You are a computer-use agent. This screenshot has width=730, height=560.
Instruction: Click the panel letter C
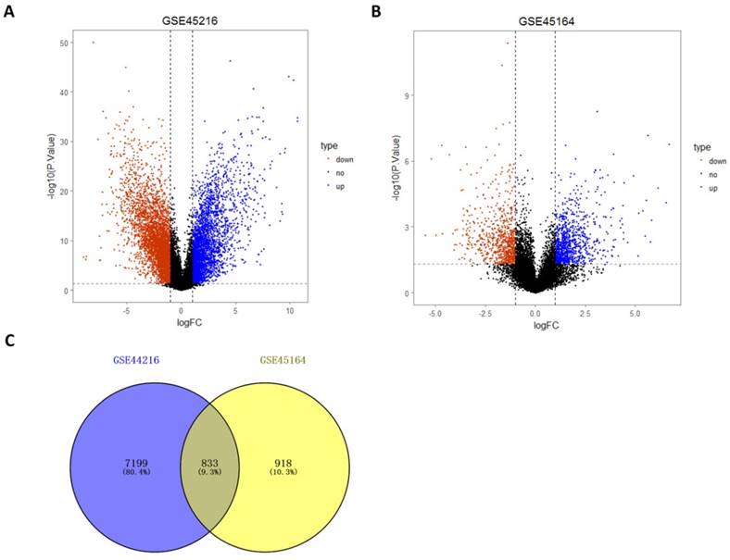point(8,340)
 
